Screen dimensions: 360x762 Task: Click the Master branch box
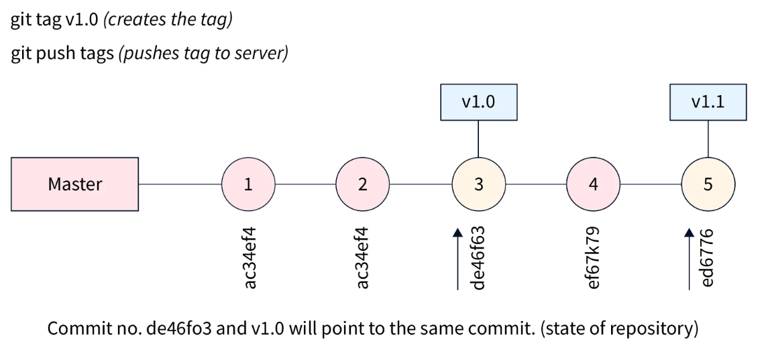[x=74, y=184]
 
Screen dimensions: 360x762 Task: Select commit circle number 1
[x=248, y=184]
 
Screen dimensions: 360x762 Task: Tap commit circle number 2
[x=362, y=184]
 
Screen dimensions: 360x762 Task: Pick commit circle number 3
[x=478, y=184]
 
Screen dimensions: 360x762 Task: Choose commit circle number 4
[x=593, y=184]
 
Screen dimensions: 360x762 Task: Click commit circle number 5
[x=708, y=184]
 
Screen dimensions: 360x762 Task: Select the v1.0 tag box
[x=478, y=102]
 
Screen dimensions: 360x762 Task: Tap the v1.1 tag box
[x=708, y=102]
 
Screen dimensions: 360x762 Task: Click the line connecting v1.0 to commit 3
[x=478, y=139]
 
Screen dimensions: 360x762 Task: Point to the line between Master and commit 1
[x=180, y=184]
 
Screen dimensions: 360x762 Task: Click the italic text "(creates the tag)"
[x=170, y=19]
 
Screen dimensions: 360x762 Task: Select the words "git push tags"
[x=62, y=54]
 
